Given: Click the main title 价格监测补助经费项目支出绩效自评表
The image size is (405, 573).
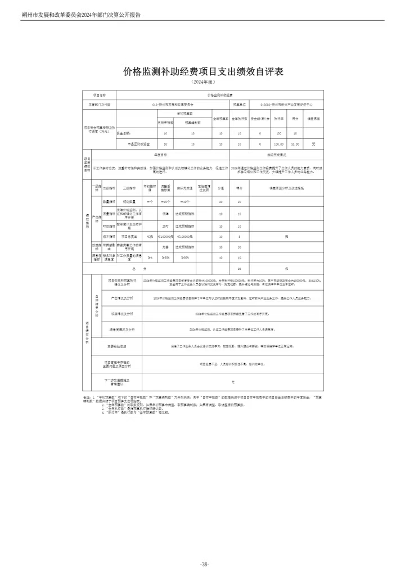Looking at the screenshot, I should click(202, 72).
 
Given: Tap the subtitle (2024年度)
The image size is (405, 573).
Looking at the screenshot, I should click(202, 83).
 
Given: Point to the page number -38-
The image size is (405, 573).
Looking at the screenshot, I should click(204, 564).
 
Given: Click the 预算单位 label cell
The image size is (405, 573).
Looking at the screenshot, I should click(238, 104).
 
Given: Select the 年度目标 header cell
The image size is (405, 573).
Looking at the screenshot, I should click(160, 154).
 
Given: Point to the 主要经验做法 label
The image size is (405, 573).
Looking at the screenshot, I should click(117, 346).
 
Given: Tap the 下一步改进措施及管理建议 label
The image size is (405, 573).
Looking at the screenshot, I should click(117, 381).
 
